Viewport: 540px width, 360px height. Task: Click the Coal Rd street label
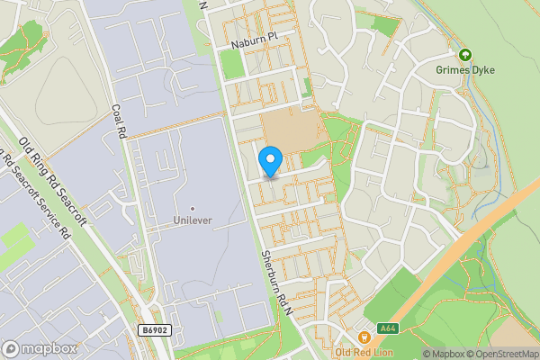point(117,121)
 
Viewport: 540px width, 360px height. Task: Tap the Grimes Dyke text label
point(465,69)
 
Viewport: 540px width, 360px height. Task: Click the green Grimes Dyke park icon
point(465,54)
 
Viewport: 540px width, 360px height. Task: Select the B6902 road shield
point(155,331)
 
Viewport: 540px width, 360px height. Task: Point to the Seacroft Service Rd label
point(37,198)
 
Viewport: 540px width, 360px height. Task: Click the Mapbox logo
point(39,348)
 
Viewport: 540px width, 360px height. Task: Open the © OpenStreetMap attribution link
point(499,354)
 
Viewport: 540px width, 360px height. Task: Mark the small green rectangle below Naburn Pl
point(232,63)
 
